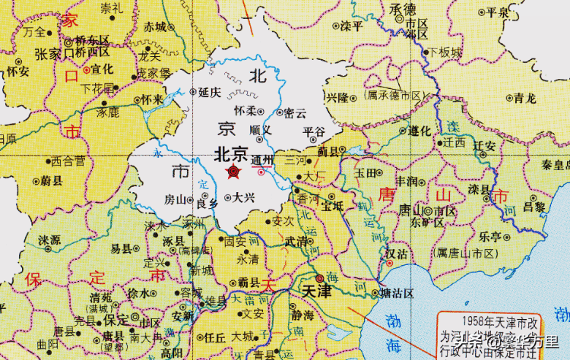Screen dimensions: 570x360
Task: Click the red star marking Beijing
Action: click(x=233, y=173)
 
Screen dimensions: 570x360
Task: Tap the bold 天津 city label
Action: click(x=318, y=290)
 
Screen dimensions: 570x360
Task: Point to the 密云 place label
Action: click(x=294, y=113)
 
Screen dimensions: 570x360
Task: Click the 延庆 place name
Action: click(x=209, y=93)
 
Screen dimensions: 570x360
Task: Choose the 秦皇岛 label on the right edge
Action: click(x=554, y=165)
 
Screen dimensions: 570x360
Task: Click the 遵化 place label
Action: click(x=420, y=130)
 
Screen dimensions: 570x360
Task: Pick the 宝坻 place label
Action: click(x=333, y=204)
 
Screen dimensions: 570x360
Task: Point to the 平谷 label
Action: click(x=313, y=131)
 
